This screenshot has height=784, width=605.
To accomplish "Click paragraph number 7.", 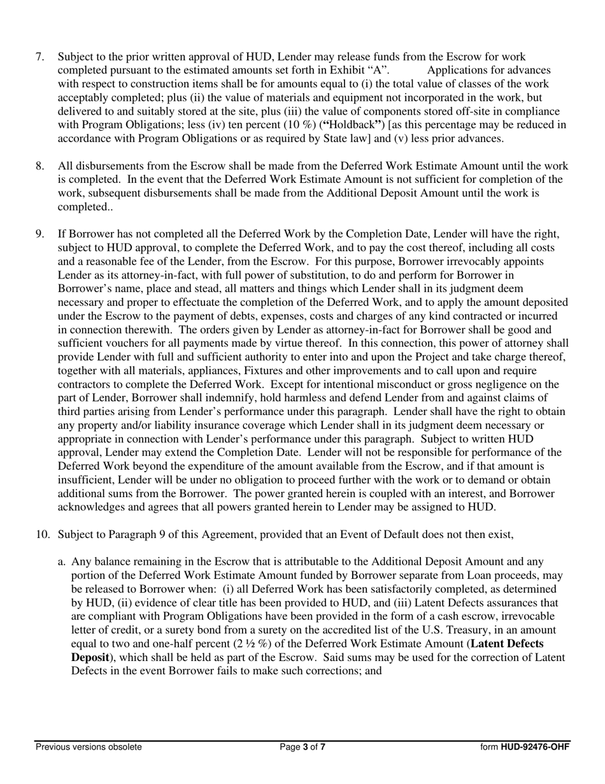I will click(39, 57).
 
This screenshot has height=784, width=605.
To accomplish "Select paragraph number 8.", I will click(39, 166).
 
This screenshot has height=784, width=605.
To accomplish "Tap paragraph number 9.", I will click(39, 234).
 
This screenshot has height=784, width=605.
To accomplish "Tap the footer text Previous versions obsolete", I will click(89, 747).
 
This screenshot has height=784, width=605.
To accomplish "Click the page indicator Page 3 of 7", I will click(302, 747).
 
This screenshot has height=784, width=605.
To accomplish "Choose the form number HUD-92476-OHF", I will click(535, 747).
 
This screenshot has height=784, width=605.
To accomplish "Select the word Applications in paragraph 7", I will click(458, 70).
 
